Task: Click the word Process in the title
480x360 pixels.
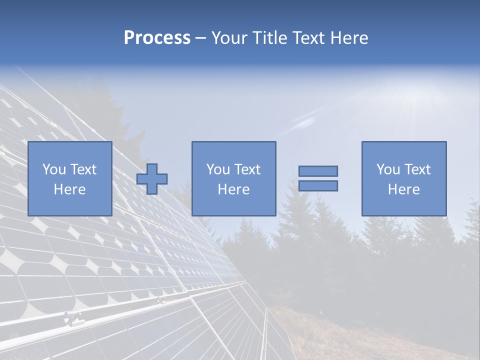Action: [x=157, y=38]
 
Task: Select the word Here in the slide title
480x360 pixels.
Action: [x=349, y=38]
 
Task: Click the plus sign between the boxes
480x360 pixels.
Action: [x=152, y=179]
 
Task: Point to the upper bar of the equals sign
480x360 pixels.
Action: [x=318, y=171]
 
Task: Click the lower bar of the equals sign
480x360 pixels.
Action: [x=318, y=186]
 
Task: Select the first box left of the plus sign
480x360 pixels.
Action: [x=70, y=179]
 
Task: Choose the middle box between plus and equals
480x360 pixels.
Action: [x=233, y=179]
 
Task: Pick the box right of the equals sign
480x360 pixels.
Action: [x=404, y=179]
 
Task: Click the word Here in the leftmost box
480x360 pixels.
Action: [x=69, y=189]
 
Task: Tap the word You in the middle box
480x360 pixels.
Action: [x=218, y=169]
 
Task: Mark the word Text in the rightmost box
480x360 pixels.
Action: [x=417, y=169]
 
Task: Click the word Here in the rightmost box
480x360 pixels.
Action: [x=403, y=189]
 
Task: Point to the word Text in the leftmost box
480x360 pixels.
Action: [x=83, y=169]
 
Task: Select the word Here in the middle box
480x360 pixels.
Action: [x=233, y=189]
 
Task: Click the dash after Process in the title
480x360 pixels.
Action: [x=201, y=38]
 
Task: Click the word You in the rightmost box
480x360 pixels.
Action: [x=388, y=169]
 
